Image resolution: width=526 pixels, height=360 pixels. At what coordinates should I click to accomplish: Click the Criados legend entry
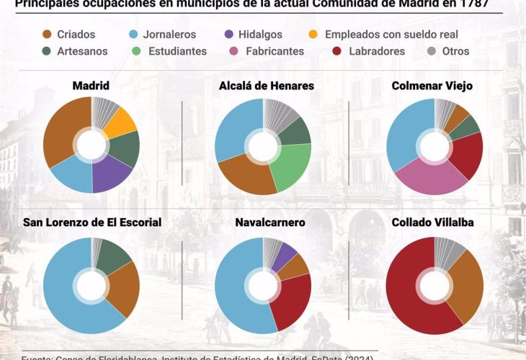point(68,34)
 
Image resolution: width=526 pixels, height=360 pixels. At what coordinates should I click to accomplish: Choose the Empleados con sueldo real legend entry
point(383,34)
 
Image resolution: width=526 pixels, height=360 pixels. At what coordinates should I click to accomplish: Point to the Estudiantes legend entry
point(169,51)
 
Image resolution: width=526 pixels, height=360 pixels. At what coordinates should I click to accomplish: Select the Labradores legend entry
point(368,51)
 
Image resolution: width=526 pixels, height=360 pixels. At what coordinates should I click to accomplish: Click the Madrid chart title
point(91,86)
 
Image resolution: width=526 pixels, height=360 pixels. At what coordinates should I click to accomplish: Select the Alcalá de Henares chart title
point(266,86)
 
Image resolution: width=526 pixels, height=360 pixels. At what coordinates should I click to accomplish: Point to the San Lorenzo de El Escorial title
point(92,222)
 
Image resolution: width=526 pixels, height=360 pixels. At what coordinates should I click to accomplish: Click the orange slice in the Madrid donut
point(121,120)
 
